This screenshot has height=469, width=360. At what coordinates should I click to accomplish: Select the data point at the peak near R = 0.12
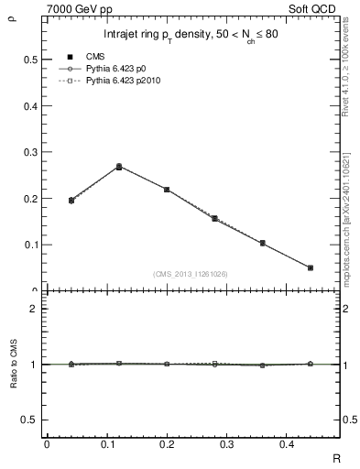click(x=119, y=167)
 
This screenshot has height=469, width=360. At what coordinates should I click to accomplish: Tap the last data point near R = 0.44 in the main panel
click(x=311, y=267)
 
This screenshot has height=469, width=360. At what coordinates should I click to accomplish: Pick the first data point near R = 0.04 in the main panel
click(x=71, y=200)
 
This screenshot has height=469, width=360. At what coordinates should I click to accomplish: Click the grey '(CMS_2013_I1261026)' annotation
click(x=191, y=274)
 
